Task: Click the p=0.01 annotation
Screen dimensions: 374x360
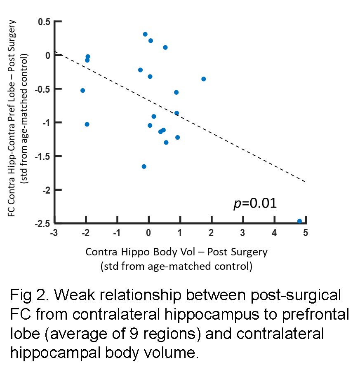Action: pyautogui.click(x=254, y=203)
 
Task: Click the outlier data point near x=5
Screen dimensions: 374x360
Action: pyautogui.click(x=299, y=221)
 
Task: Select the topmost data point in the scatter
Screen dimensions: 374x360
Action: pyautogui.click(x=145, y=34)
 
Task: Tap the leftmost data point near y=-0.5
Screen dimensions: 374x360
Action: pyautogui.click(x=82, y=90)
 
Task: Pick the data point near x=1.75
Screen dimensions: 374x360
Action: pyautogui.click(x=203, y=79)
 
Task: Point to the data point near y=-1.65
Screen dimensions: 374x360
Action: pyautogui.click(x=144, y=166)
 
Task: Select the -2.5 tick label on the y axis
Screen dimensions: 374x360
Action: pyautogui.click(x=42, y=223)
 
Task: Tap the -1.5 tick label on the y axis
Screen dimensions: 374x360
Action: pyautogui.click(x=42, y=156)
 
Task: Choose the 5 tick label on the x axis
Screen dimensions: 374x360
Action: pyautogui.click(x=305, y=233)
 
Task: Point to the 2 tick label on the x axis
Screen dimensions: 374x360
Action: pyautogui.click(x=211, y=233)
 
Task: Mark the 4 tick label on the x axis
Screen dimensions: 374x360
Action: pyautogui.click(x=274, y=233)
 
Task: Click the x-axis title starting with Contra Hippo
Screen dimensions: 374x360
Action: pyautogui.click(x=176, y=252)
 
